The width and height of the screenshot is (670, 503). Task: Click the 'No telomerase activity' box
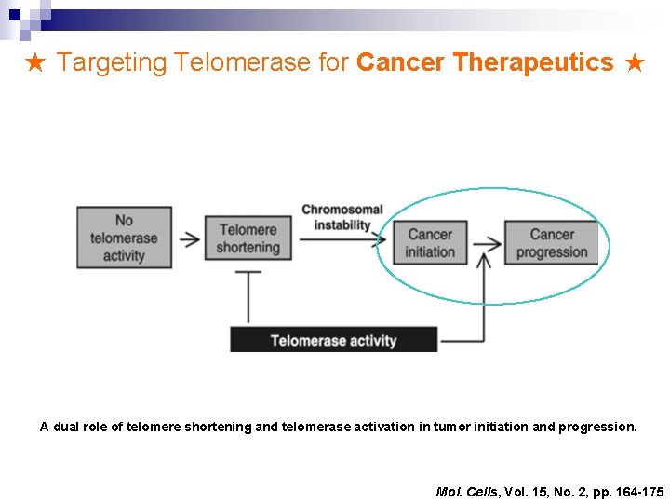click(124, 238)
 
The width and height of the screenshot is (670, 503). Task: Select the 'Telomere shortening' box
click(248, 238)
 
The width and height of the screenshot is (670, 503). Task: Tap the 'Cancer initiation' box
click(430, 242)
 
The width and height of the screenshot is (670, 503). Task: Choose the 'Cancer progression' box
click(552, 243)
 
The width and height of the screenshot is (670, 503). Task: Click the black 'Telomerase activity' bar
click(333, 340)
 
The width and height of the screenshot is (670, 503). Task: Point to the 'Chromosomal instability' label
click(342, 217)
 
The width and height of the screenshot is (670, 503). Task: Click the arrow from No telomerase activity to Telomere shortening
click(190, 238)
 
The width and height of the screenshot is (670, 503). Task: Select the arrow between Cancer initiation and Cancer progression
click(487, 244)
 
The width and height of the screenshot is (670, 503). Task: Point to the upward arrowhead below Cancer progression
click(484, 261)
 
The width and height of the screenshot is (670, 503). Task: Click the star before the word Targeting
click(35, 63)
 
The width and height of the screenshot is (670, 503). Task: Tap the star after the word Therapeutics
click(635, 63)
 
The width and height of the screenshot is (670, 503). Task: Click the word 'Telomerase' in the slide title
click(233, 63)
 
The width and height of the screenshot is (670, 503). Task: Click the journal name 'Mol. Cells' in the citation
click(466, 491)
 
